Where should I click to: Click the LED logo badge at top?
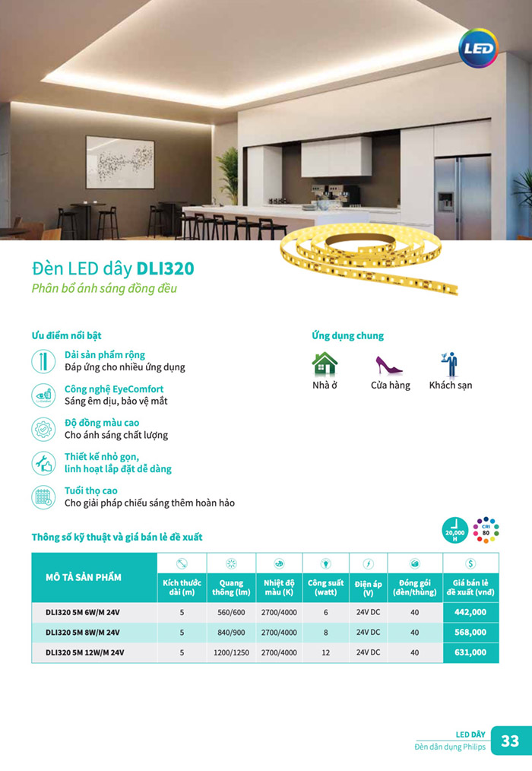click(x=477, y=48)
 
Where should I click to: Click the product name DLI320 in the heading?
click(x=165, y=269)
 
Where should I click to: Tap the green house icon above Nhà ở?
click(x=325, y=363)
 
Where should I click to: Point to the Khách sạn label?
click(x=450, y=385)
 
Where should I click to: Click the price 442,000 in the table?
click(x=470, y=612)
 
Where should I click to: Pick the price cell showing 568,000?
click(x=470, y=632)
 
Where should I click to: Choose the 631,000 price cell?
click(x=470, y=652)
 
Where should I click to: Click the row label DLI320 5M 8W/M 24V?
click(x=83, y=632)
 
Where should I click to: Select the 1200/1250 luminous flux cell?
click(x=231, y=652)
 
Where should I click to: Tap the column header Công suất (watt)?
click(x=326, y=588)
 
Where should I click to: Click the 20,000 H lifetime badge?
click(x=454, y=529)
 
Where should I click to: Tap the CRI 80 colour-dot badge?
click(x=486, y=529)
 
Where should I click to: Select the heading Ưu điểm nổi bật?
click(x=66, y=335)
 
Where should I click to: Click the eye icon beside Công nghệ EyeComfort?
click(x=44, y=395)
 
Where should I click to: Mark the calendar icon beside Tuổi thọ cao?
click(x=44, y=497)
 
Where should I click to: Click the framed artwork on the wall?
click(x=120, y=162)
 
